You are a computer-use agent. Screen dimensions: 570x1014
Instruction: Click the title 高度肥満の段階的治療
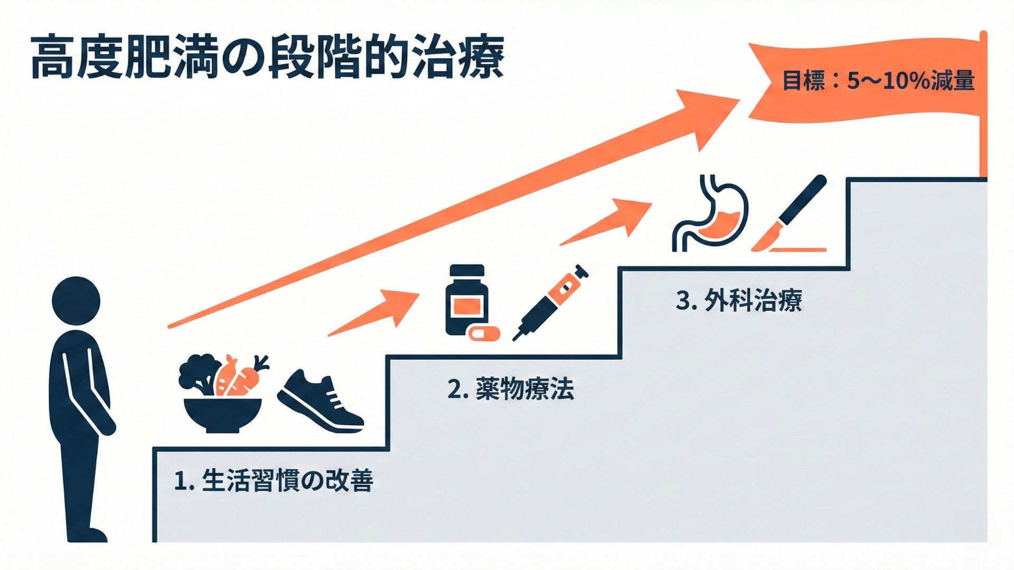[x=267, y=57]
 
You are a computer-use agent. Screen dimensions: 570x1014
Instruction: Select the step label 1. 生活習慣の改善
[x=274, y=480]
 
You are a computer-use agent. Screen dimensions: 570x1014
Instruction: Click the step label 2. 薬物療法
[x=510, y=389]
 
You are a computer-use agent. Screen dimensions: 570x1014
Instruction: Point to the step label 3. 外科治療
[x=738, y=300]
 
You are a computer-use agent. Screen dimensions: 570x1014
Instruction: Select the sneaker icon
[x=320, y=401]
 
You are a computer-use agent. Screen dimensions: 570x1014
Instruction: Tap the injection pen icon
[x=551, y=302]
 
